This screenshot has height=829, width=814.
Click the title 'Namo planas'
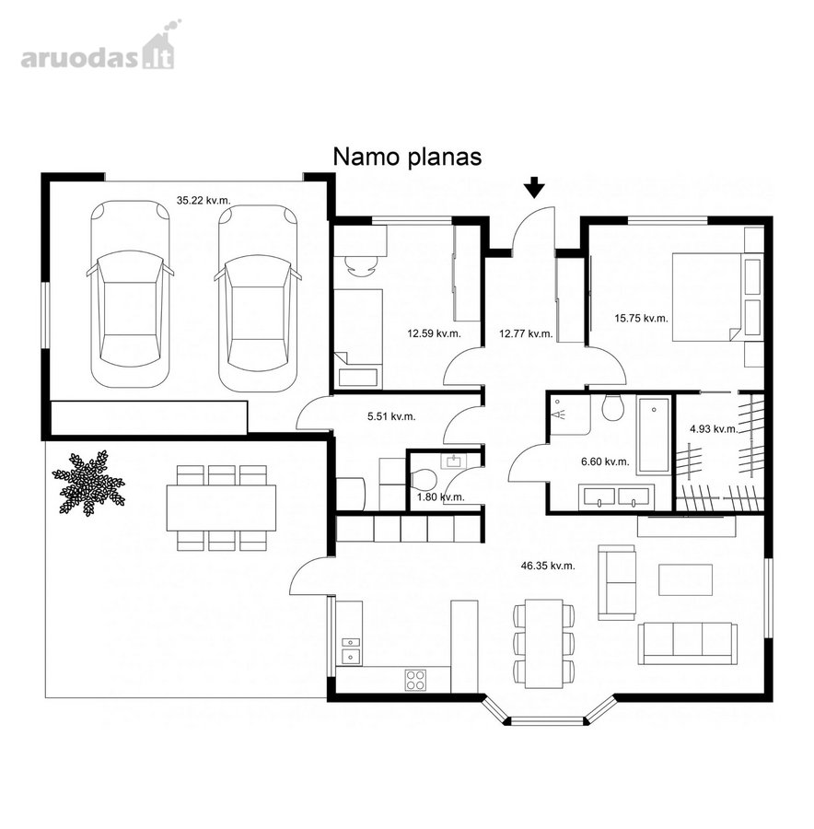coord(407,157)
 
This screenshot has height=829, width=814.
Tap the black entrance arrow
coord(534,187)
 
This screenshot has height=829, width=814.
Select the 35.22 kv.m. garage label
coord(203,201)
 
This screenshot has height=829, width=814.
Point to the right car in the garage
coord(258,298)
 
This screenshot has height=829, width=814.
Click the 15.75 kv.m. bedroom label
coord(641,319)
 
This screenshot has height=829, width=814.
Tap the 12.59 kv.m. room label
coord(434,333)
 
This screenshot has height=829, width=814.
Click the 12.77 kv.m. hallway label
coord(526,333)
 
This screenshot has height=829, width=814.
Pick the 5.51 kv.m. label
coord(391,416)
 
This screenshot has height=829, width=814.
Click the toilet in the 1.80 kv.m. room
coord(424,480)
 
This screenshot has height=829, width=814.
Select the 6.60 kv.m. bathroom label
coord(605,461)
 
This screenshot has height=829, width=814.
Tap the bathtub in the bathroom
coord(654,435)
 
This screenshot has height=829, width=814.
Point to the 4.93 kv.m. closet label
coord(714,428)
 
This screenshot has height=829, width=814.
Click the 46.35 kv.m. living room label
coord(548,566)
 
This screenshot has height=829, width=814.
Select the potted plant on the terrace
coord(88,483)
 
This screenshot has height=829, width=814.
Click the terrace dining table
coord(222,508)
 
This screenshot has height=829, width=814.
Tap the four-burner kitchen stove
coord(415,680)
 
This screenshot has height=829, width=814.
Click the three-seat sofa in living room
coord(688,643)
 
